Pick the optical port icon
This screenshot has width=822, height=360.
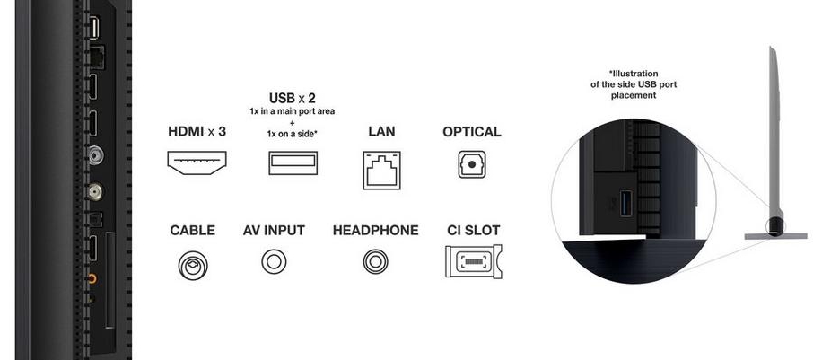(471, 164)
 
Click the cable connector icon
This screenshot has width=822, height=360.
(192, 263)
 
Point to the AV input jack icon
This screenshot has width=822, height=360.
(274, 262)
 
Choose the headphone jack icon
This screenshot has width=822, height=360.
(375, 262)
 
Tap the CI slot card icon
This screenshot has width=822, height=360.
(473, 262)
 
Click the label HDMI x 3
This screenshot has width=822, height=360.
(197, 132)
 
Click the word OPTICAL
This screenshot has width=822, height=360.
(471, 132)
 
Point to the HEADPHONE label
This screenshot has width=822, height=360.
(375, 231)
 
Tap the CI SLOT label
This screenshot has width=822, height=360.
(473, 231)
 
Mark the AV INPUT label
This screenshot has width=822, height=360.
(274, 231)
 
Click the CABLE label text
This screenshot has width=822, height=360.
(192, 231)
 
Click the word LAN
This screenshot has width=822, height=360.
(381, 132)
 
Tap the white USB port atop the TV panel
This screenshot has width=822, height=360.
(92, 28)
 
